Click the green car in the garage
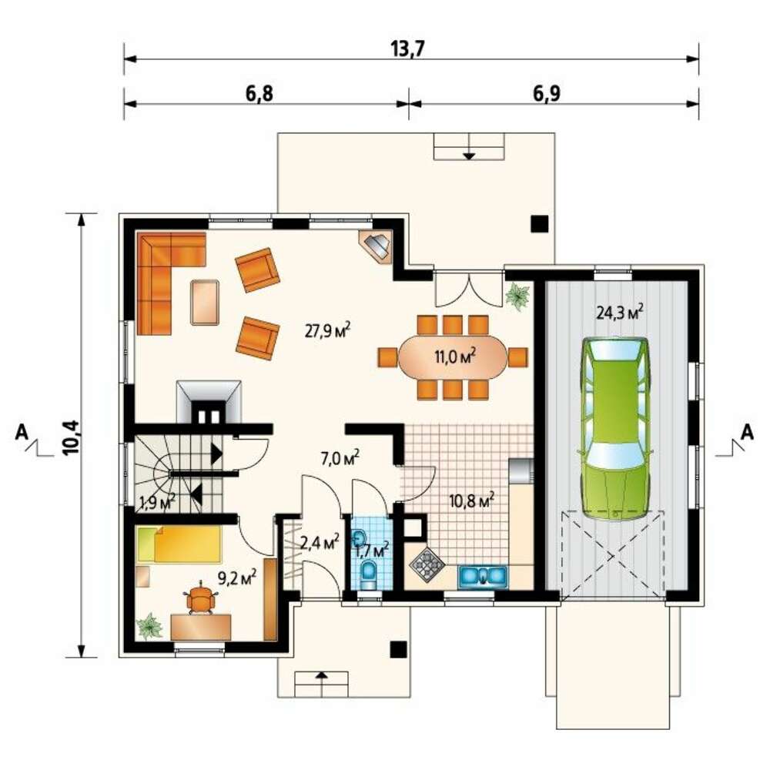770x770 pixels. [614, 428]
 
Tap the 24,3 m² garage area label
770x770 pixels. [619, 313]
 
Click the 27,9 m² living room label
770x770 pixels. [327, 330]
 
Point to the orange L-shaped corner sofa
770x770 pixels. [162, 275]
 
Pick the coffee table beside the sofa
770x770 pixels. [205, 302]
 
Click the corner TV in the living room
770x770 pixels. [377, 245]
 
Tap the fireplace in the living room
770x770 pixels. [209, 402]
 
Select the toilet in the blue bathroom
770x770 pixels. [368, 575]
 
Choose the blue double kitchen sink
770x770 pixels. [483, 576]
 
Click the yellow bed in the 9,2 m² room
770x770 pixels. [179, 544]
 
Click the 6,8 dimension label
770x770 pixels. [259, 93]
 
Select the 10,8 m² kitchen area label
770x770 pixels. [471, 501]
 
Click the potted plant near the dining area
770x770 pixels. [518, 296]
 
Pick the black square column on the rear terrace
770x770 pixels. [539, 224]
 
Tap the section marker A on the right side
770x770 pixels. [747, 433]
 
